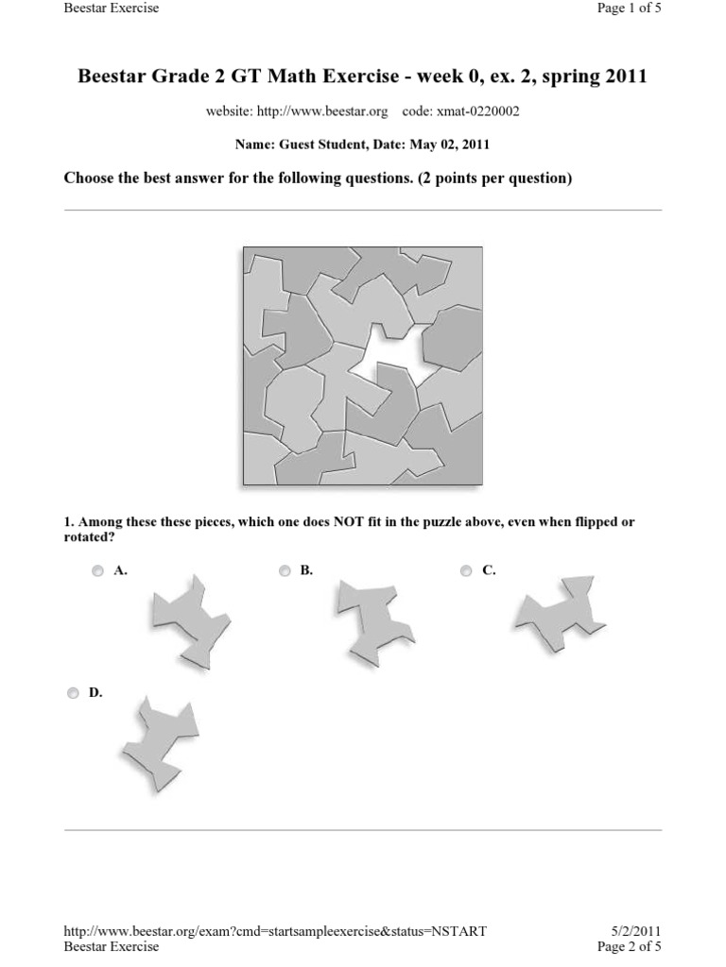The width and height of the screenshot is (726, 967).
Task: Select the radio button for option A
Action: pyautogui.click(x=98, y=570)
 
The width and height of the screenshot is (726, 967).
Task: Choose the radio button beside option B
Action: pyautogui.click(x=285, y=570)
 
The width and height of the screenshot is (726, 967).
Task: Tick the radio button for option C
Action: pyautogui.click(x=466, y=570)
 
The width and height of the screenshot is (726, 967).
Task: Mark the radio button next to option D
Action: pyautogui.click(x=74, y=693)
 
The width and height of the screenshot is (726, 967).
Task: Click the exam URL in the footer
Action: pyautogui.click(x=275, y=931)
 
